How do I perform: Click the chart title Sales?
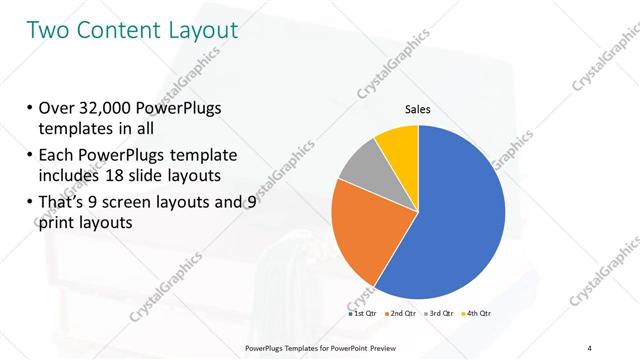tap(417, 110)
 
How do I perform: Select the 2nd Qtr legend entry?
tap(401, 313)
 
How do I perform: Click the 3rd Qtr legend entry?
tap(441, 313)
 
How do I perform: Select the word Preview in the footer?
tap(377, 346)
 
